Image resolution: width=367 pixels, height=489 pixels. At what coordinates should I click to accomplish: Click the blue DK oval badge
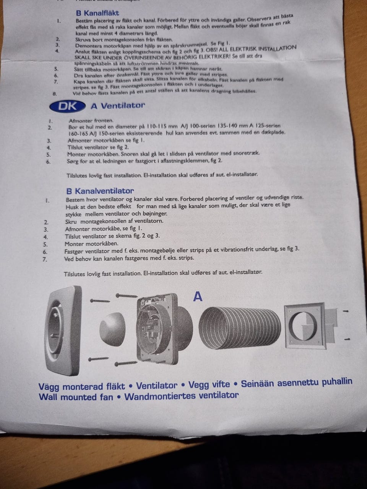(68, 107)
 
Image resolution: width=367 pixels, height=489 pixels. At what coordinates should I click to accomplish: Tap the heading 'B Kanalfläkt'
(97, 13)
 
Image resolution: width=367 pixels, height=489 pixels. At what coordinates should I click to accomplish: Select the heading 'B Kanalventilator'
(100, 191)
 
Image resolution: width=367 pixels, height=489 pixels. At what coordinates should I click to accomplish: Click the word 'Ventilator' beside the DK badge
(123, 105)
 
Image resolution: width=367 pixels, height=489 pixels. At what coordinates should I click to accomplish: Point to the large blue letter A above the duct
(198, 296)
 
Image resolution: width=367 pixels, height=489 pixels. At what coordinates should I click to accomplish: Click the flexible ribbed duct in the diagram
(240, 328)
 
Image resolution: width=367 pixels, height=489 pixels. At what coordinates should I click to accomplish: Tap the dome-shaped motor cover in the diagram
(112, 329)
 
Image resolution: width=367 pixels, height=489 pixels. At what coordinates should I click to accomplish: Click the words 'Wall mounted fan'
(76, 397)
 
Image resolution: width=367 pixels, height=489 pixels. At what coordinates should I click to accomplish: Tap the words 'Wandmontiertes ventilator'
(181, 396)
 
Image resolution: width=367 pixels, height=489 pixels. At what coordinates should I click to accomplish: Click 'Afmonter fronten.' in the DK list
(91, 121)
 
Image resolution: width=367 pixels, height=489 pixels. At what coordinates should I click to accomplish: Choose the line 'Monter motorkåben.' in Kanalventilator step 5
(91, 244)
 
